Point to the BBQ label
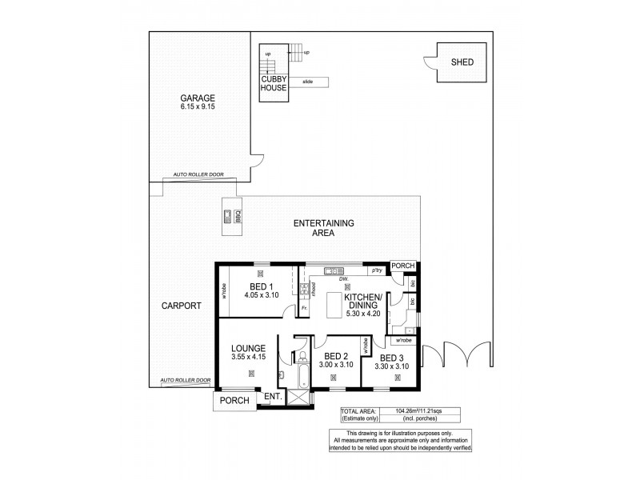(238, 216)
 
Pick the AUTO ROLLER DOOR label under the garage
(198, 174)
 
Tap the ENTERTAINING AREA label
(324, 228)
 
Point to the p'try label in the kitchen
(369, 273)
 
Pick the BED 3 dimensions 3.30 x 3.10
(392, 366)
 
